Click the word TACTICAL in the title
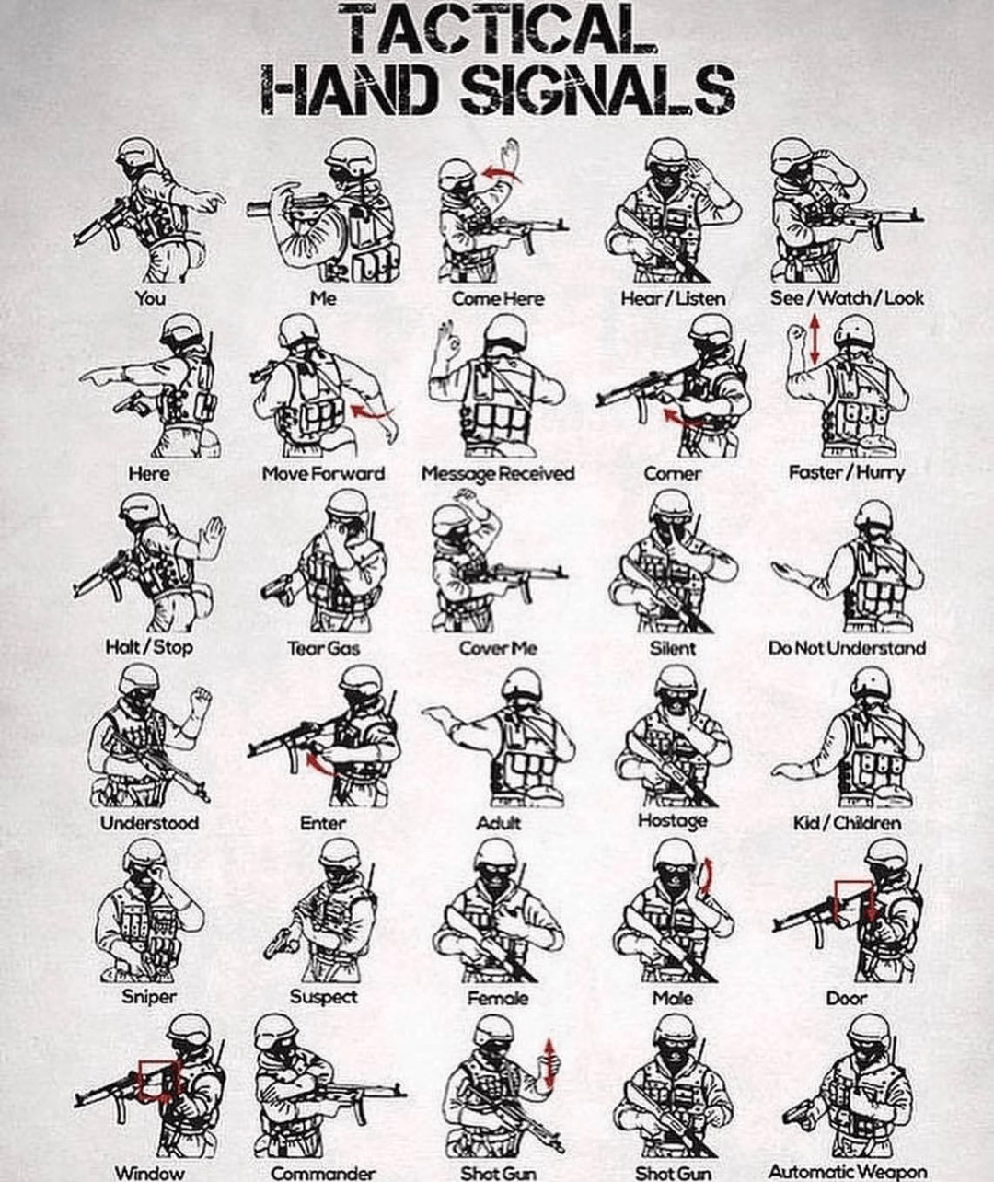[x=497, y=30]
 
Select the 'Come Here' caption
[x=497, y=298]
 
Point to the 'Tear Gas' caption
[x=323, y=648]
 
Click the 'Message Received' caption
[x=497, y=473]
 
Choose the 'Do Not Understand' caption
[x=847, y=648]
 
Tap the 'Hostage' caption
[x=672, y=820]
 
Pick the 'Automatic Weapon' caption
[x=847, y=1172]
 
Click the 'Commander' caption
[x=323, y=1173]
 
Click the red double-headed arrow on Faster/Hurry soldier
[x=815, y=338]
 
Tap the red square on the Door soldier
[x=853, y=898]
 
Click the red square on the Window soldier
[x=157, y=1079]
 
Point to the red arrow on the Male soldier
[x=705, y=875]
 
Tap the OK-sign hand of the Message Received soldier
[x=447, y=342]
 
